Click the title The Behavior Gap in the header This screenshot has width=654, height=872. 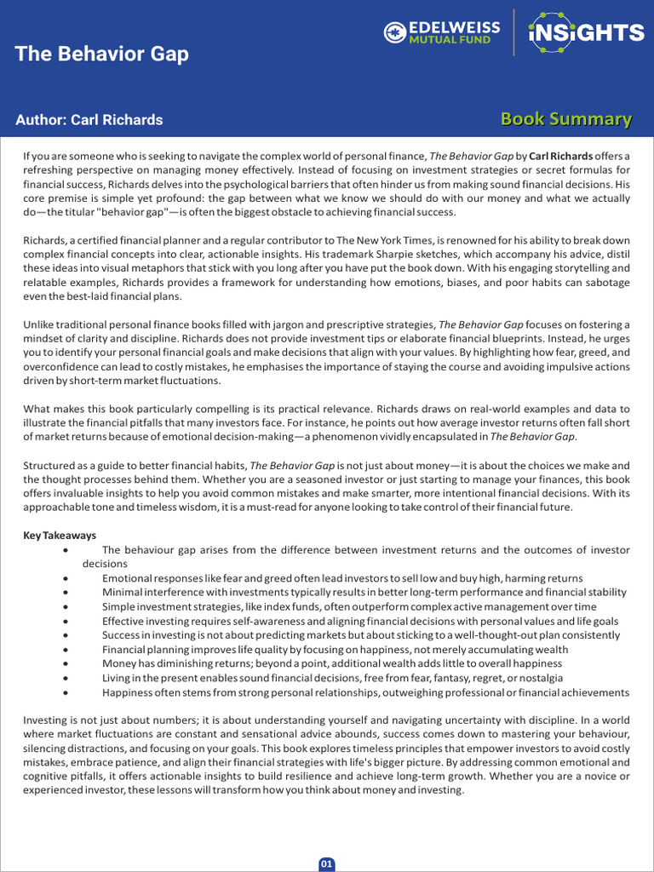click(101, 54)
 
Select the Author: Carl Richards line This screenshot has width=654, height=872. click(89, 120)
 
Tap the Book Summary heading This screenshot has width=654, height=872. click(565, 119)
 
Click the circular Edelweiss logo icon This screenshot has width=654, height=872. click(394, 33)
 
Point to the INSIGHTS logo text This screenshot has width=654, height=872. click(587, 33)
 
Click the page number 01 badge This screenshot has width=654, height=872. click(327, 864)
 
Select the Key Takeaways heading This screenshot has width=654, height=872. click(60, 536)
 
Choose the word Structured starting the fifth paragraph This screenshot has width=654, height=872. click(50, 466)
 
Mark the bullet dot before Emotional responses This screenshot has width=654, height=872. click(66, 578)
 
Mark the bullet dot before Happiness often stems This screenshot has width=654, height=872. click(66, 692)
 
